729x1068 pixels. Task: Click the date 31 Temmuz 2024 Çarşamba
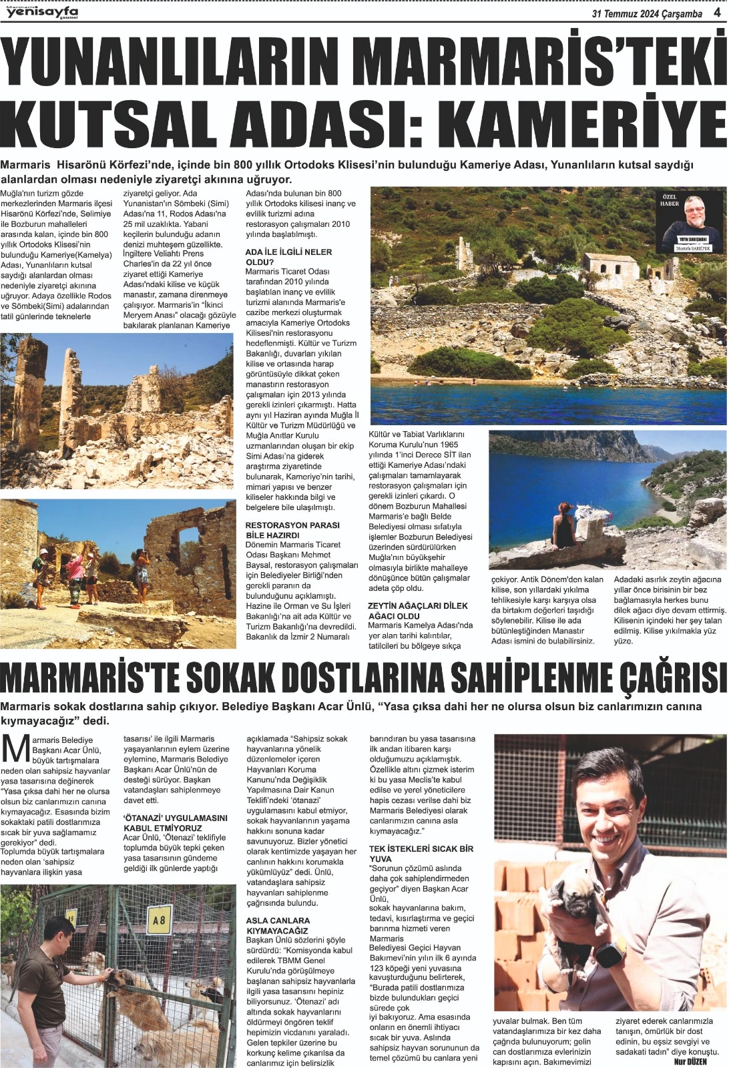click(647, 13)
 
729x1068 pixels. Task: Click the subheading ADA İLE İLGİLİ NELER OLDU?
click(288, 257)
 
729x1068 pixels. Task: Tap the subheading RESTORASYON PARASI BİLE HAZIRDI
click(292, 530)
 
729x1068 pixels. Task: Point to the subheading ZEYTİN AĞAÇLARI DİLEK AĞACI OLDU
click(418, 611)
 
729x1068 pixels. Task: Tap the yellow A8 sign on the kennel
click(159, 920)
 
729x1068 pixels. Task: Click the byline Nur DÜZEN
click(690, 1061)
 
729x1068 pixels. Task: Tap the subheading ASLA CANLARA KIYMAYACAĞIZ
click(278, 925)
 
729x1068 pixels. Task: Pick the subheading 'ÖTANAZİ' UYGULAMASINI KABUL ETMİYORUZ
click(176, 822)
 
